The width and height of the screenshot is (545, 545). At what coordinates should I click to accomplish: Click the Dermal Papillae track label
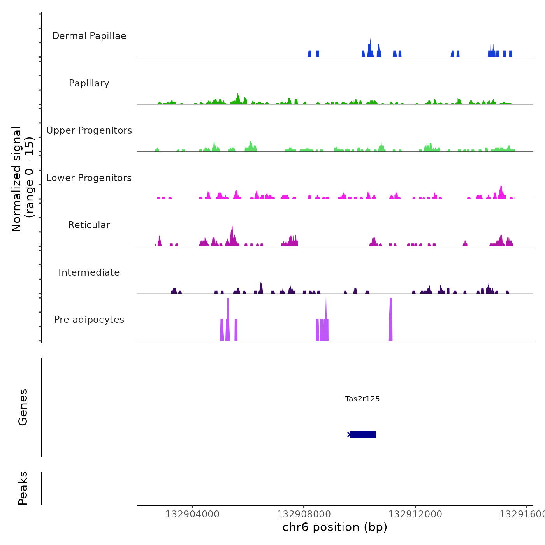click(89, 36)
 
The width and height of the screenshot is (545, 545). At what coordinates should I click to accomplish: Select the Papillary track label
click(89, 83)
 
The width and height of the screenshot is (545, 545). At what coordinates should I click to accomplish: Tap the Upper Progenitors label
click(89, 130)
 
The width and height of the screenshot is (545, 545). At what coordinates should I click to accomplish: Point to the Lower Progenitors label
click(89, 178)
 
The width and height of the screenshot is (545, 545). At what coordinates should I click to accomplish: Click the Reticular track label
click(89, 225)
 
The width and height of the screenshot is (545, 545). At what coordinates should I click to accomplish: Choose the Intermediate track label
click(89, 272)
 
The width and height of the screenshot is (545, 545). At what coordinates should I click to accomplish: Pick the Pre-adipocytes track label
click(89, 320)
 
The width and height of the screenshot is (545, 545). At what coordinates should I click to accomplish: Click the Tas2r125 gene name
click(362, 399)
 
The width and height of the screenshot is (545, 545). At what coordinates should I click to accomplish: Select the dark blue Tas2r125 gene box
click(363, 434)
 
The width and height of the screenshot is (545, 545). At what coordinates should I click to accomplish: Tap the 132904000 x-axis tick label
click(192, 514)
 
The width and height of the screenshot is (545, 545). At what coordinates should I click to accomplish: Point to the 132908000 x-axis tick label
click(304, 514)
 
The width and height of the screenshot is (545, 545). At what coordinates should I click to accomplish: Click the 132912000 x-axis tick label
click(415, 514)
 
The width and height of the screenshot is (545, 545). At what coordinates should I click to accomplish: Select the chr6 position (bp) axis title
click(335, 527)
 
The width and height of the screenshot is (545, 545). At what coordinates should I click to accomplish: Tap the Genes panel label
click(23, 407)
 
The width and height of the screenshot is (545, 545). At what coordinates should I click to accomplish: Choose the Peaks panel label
click(23, 488)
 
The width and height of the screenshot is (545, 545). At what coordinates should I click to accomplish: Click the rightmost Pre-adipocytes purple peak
click(390, 319)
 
